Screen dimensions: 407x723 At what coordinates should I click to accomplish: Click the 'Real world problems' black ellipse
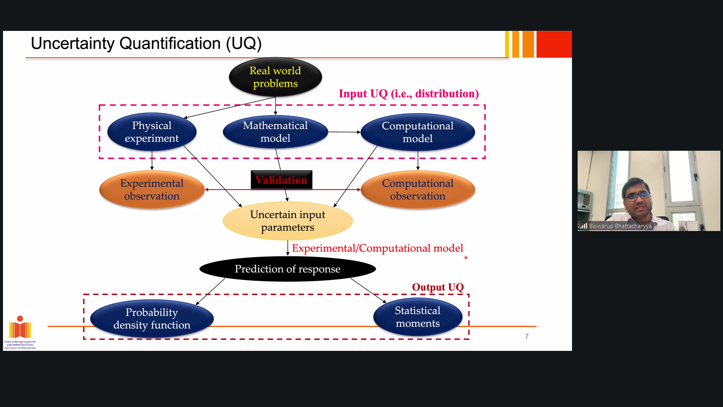pos(275,77)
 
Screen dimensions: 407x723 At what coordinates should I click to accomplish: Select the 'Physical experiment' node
pos(152,132)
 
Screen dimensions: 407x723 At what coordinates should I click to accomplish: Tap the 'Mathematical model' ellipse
pos(275,132)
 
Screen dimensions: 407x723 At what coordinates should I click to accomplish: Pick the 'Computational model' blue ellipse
pos(418,132)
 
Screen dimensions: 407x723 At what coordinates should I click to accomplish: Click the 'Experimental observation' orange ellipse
pos(152,190)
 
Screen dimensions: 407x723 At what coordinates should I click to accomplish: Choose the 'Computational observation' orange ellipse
pos(418,190)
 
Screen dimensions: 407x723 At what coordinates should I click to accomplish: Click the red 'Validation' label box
pos(281,180)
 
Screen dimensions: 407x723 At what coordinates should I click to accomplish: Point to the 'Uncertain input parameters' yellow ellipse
pos(288,221)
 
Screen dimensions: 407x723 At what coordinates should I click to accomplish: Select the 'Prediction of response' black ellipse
pos(288,269)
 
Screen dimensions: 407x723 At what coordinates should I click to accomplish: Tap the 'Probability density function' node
pos(152,318)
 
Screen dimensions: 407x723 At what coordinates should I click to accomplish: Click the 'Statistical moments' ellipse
pos(418,317)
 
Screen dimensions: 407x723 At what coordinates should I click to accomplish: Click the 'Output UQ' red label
pos(438,287)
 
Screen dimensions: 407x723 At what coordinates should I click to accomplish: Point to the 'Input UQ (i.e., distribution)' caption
pos(409,93)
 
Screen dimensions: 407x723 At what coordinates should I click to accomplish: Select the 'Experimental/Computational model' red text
pos(377,248)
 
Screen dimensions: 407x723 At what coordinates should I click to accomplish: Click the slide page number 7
pos(527,337)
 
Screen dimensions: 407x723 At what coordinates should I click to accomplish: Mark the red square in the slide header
pos(554,44)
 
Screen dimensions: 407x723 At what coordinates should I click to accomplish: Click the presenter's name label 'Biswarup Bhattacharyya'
pos(620,226)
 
